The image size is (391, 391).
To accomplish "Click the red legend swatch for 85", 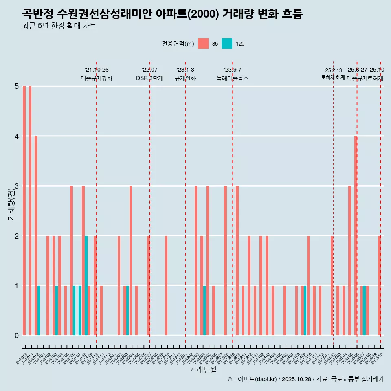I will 203,44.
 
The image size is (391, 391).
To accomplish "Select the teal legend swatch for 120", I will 227,44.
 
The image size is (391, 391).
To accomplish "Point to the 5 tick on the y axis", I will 17,86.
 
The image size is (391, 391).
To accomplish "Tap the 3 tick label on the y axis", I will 17,186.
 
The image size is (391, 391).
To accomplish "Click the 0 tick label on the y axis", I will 17,336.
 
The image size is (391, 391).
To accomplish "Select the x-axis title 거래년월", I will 203,369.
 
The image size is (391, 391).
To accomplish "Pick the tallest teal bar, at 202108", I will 86,285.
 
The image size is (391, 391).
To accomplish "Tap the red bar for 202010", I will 24,211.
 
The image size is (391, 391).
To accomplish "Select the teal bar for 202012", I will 39,310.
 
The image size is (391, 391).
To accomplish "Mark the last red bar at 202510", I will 379,285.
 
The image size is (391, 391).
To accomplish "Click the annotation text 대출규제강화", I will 97,78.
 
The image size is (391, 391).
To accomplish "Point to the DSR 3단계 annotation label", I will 149,78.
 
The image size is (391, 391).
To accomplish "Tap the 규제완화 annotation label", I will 185,78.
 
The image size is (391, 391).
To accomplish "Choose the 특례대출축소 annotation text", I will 233,78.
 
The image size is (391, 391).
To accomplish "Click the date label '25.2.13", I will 333,70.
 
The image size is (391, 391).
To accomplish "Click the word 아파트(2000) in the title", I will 189,14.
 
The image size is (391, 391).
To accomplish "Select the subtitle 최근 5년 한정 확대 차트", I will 59,26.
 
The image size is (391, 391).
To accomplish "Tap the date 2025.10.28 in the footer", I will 297,379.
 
